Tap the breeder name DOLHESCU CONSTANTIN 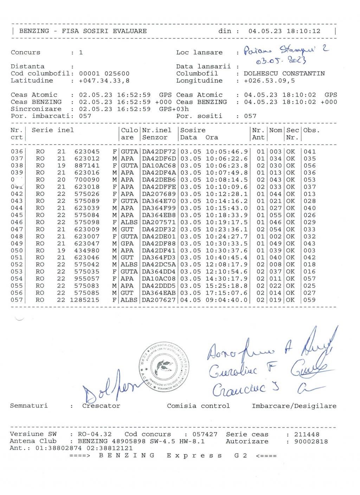pos(284,73)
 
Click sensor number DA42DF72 pos(159,152)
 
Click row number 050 pos(17,250)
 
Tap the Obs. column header pos(311,130)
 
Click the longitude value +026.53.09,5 pos(269,81)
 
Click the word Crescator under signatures pos(101,406)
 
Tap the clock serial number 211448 pos(307,434)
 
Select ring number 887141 pos(87,166)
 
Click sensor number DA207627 pos(159,300)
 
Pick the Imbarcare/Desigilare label pos(294,406)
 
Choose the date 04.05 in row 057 pos(190,300)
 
